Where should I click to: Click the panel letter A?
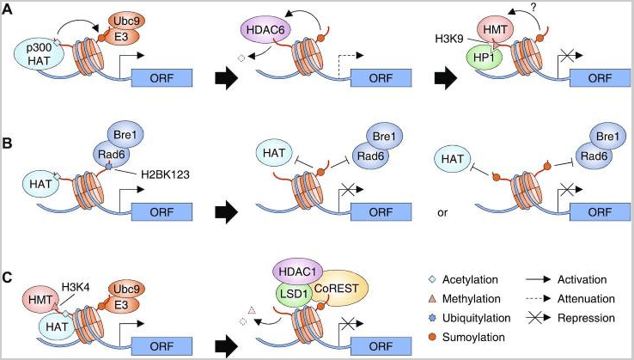pos(9,11)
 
